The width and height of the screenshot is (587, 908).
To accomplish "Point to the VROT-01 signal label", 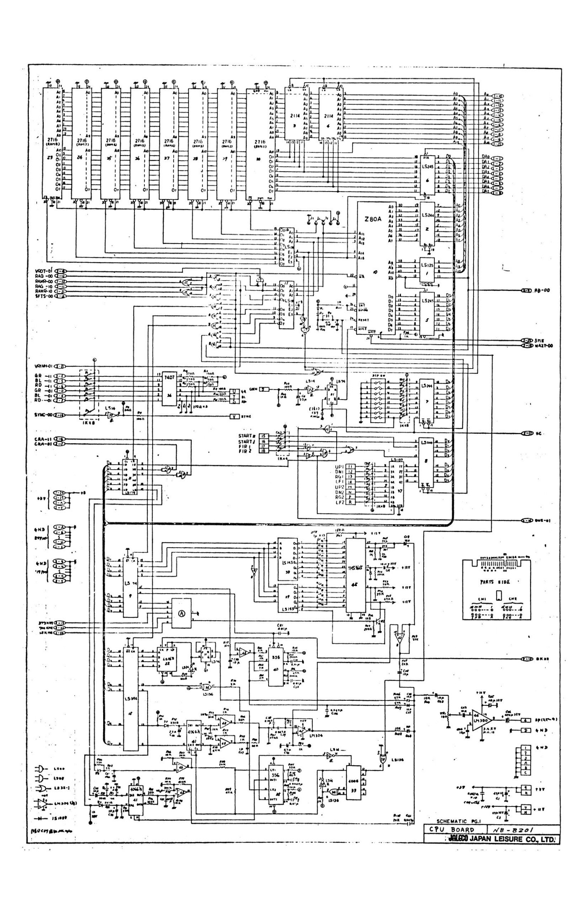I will click(x=43, y=271).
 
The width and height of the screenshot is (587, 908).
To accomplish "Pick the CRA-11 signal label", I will click(x=43, y=439).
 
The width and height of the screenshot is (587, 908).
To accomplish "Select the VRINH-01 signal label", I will click(x=43, y=366).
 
